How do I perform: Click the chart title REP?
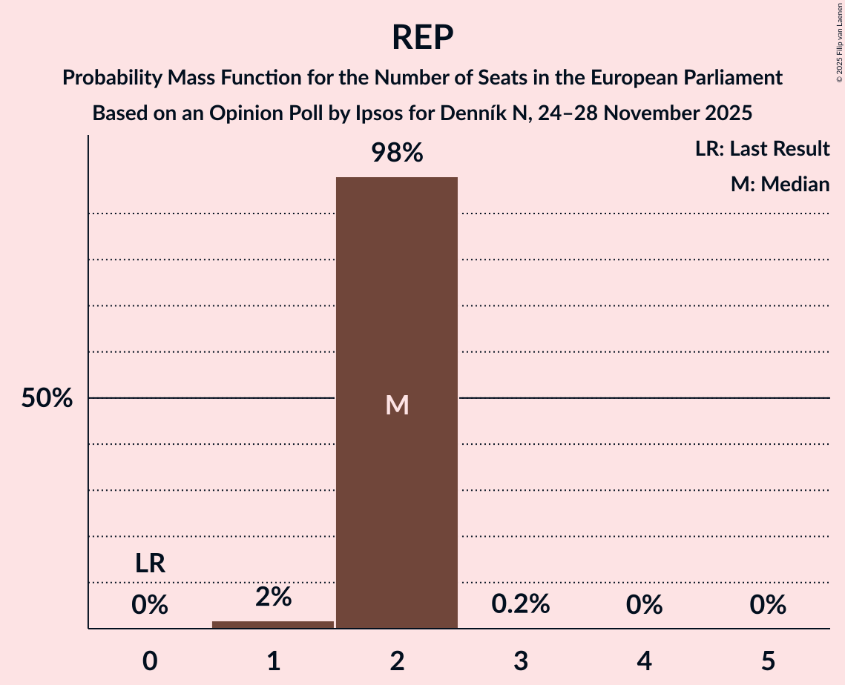(422, 37)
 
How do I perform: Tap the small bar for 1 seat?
(273, 624)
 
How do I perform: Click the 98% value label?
(397, 153)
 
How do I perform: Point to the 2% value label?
(273, 597)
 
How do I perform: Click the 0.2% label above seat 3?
(521, 604)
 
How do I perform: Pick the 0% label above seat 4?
(644, 605)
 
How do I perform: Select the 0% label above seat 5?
(768, 605)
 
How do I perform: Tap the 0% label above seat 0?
(150, 605)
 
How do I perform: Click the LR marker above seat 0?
(150, 564)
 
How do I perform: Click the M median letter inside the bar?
(397, 405)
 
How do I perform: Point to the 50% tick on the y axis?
(47, 398)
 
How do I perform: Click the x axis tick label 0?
(150, 661)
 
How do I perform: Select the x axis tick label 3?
(521, 661)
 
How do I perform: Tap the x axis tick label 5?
(768, 661)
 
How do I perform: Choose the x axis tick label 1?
(273, 661)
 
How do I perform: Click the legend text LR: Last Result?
(762, 149)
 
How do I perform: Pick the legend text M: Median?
(780, 184)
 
